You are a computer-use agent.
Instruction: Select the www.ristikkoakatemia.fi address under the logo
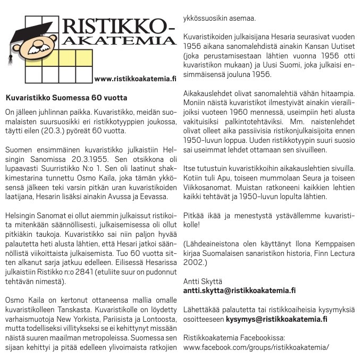pyautogui.click(x=134, y=79)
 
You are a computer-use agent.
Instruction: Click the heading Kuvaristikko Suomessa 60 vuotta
pyautogui.click(x=66, y=98)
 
